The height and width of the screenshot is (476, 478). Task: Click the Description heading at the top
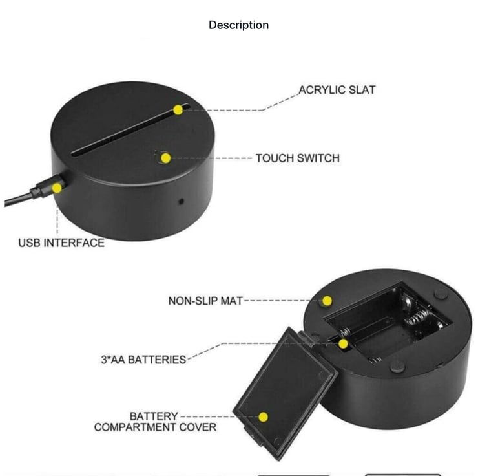(x=238, y=25)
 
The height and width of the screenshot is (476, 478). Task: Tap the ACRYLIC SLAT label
(x=336, y=90)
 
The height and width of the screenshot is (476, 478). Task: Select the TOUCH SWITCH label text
(x=296, y=158)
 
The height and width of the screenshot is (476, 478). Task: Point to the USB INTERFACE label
(x=61, y=243)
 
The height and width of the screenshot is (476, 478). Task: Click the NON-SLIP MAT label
(x=205, y=301)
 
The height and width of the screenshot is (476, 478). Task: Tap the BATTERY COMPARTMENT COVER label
(x=155, y=422)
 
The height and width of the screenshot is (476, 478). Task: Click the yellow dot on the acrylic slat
(x=178, y=110)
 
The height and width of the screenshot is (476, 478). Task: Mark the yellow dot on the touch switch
(x=165, y=158)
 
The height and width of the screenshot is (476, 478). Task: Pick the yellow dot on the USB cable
(x=57, y=188)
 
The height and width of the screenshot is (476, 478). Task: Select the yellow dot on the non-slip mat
(x=327, y=301)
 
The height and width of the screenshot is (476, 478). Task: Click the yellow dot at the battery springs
(x=344, y=343)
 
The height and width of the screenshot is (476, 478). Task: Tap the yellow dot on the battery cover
(x=264, y=417)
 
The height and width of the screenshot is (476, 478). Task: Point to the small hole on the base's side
(x=182, y=201)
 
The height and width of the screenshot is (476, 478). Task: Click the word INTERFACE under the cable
(x=75, y=243)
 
